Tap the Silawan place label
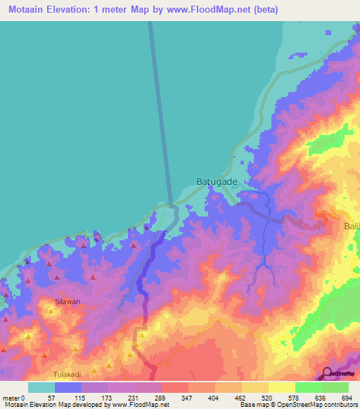coord(68,301)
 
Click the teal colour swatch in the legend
coord(41,387)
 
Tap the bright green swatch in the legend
coord(308,387)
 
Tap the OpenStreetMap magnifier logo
coord(327,372)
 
